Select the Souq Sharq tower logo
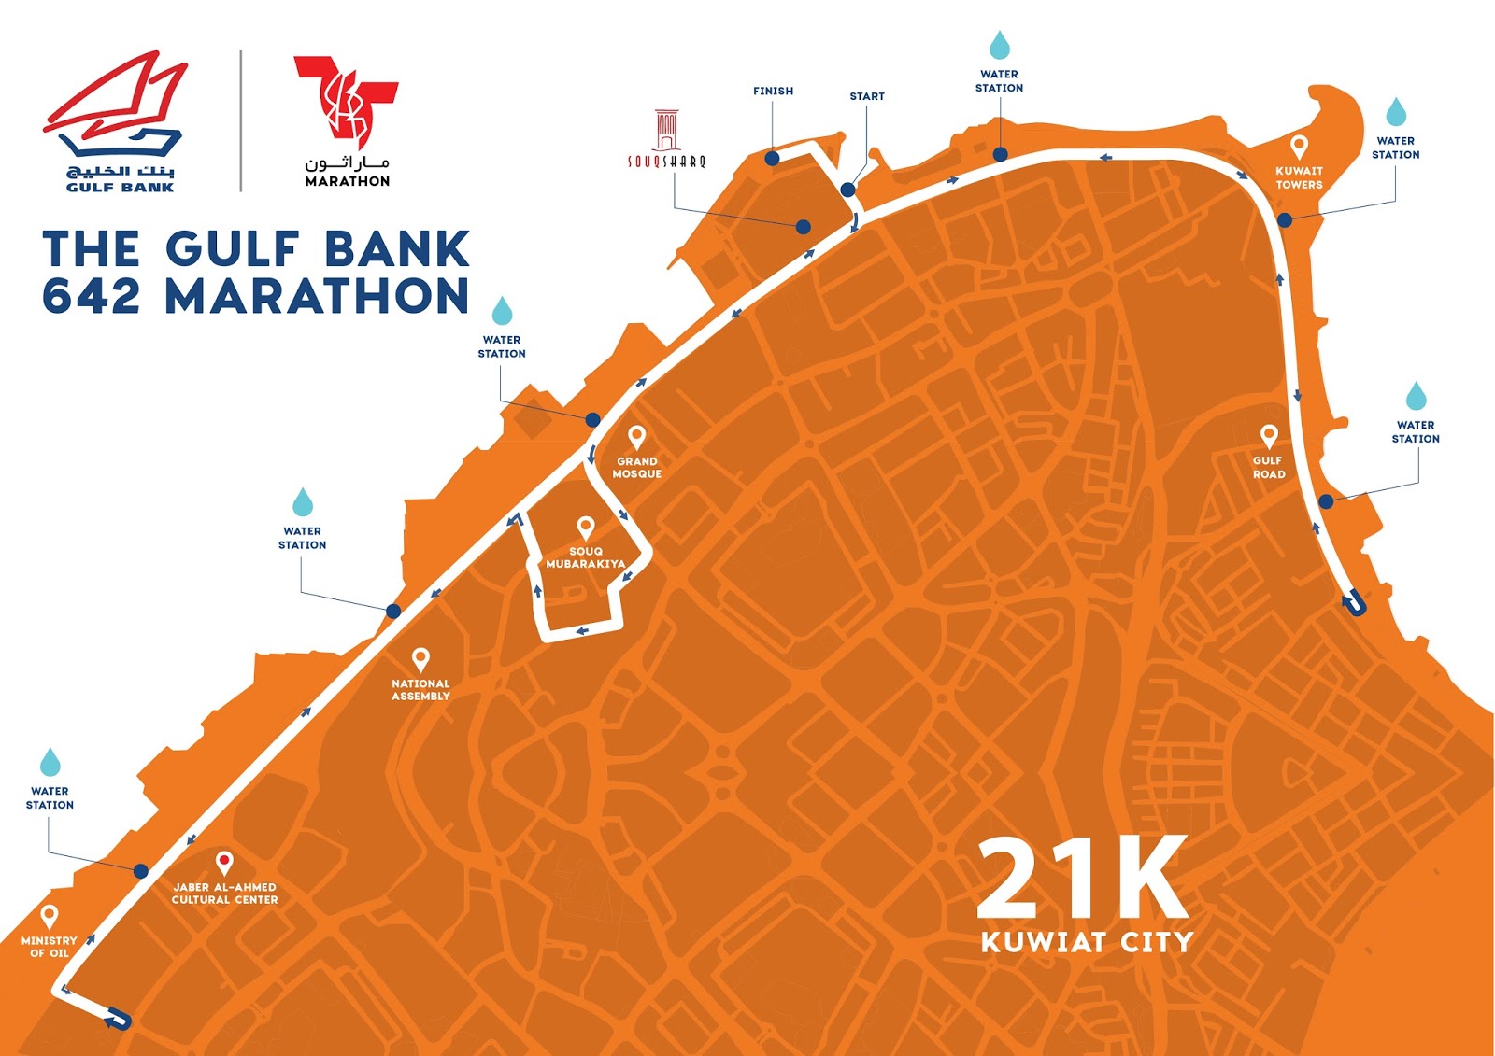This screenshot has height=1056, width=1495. pos(666,131)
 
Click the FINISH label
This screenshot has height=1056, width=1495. pos(773,92)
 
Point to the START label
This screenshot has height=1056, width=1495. pos(867,96)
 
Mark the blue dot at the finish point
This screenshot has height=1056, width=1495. pos(772,159)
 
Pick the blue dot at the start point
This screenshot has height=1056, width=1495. pos(847,190)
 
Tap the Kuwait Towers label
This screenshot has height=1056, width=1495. pos(1299,177)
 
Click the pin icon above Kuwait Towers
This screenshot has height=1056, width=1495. pos(1299,148)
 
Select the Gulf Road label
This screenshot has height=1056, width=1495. pos(1268,467)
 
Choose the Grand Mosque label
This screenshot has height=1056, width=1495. pos(637,467)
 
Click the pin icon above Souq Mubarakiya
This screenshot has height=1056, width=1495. pos(586,528)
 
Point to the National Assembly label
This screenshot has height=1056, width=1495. pos(420,690)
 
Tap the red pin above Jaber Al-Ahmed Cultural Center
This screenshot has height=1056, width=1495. pos(224,862)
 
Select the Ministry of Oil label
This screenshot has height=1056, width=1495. pos(50,947)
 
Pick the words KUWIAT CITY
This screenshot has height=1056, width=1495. pos(1087,942)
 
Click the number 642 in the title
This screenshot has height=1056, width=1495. pos(92,296)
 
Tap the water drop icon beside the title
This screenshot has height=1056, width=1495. pos(502,311)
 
